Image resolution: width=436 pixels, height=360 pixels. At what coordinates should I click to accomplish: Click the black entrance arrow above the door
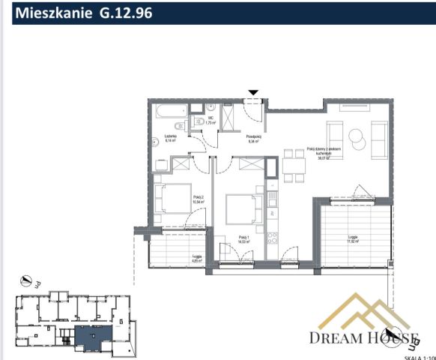[x=254, y=93]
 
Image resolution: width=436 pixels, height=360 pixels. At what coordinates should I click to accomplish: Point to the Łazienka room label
[x=170, y=138]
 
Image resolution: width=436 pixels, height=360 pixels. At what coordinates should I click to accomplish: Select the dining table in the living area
[x=294, y=166]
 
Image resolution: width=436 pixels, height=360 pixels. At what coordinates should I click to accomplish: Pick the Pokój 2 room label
[x=198, y=198]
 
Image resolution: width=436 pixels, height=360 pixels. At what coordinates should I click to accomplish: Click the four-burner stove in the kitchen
[x=273, y=240]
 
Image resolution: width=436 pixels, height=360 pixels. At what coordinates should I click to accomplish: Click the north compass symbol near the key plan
[x=28, y=281]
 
